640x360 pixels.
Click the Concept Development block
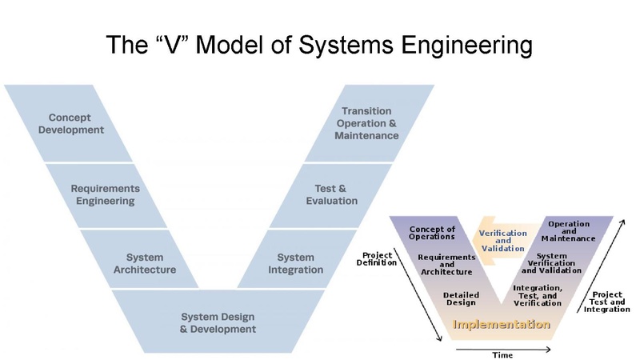[76, 123]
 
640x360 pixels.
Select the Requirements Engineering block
[106, 194]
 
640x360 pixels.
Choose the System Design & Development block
[218, 322]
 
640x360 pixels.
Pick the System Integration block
[295, 263]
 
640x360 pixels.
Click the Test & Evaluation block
[331, 194]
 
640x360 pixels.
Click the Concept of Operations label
[432, 233]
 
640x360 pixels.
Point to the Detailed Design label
[461, 298]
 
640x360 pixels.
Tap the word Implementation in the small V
[502, 325]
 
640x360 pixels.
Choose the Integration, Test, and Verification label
[537, 295]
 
